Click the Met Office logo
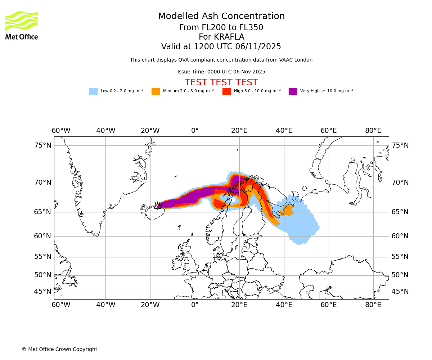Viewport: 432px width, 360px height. pyautogui.click(x=22, y=25)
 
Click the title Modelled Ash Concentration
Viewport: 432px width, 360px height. pyautogui.click(x=221, y=17)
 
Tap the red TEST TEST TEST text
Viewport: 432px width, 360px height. pyautogui.click(x=221, y=82)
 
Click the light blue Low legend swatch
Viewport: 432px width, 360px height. pyautogui.click(x=93, y=91)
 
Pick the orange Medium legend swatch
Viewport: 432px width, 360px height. pyautogui.click(x=156, y=91)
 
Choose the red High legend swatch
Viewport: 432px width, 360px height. pyautogui.click(x=226, y=91)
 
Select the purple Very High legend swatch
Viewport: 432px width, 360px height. pyautogui.click(x=293, y=91)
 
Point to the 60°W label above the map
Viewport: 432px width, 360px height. pyautogui.click(x=61, y=130)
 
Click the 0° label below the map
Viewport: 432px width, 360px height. pyautogui.click(x=195, y=305)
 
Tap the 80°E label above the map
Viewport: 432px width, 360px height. pyautogui.click(x=373, y=130)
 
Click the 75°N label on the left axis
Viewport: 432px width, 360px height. pyautogui.click(x=43, y=145)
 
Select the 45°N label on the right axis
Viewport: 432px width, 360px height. pyautogui.click(x=400, y=292)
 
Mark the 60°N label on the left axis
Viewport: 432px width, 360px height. pyautogui.click(x=43, y=236)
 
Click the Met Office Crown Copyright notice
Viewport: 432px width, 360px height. pyautogui.click(x=59, y=349)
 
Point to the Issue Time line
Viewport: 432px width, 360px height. pyautogui.click(x=221, y=72)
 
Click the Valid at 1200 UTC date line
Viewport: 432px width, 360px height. pyautogui.click(x=221, y=47)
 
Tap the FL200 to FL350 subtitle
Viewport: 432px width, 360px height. pyautogui.click(x=221, y=28)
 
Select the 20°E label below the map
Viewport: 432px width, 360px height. pyautogui.click(x=239, y=305)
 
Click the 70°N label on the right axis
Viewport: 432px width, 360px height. pyautogui.click(x=400, y=183)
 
